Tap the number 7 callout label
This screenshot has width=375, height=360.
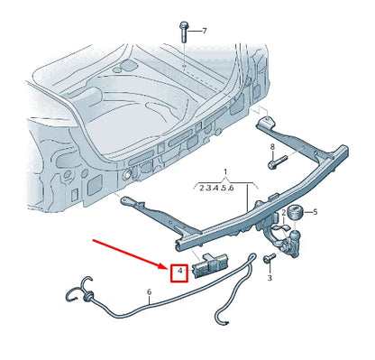(204, 31)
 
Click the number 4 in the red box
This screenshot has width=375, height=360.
(180, 271)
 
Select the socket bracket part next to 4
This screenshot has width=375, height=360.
(213, 264)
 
